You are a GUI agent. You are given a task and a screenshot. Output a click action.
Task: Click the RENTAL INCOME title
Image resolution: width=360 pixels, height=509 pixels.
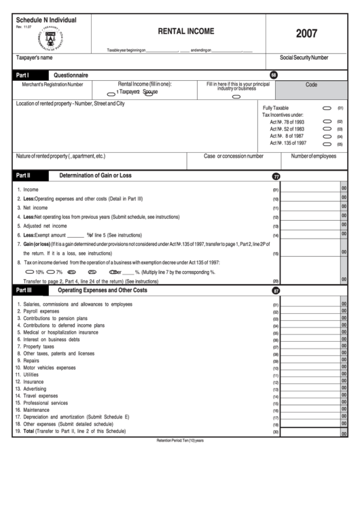tap(185, 31)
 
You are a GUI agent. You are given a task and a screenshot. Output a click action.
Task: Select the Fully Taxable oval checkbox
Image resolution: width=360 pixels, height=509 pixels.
tap(327, 108)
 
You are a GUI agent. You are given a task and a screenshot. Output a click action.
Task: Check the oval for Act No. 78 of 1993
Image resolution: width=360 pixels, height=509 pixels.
tap(327, 122)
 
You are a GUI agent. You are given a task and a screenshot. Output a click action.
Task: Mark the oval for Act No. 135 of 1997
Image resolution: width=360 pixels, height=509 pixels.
tap(327, 143)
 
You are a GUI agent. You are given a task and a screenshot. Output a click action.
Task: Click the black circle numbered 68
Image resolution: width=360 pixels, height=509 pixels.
tap(274, 75)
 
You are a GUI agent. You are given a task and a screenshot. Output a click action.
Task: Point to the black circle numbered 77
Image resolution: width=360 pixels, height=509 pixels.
tap(276, 176)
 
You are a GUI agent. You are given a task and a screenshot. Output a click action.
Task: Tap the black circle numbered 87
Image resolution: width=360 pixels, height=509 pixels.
tap(276, 290)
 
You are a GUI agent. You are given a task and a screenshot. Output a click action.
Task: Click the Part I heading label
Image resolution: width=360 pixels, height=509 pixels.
tap(22, 75)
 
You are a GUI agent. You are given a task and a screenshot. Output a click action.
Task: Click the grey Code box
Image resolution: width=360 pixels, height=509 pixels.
tap(311, 86)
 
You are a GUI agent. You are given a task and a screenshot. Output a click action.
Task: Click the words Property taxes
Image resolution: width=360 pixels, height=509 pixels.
tap(39, 347)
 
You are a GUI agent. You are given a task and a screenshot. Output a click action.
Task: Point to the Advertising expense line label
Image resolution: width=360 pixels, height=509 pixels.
tap(37, 389)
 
